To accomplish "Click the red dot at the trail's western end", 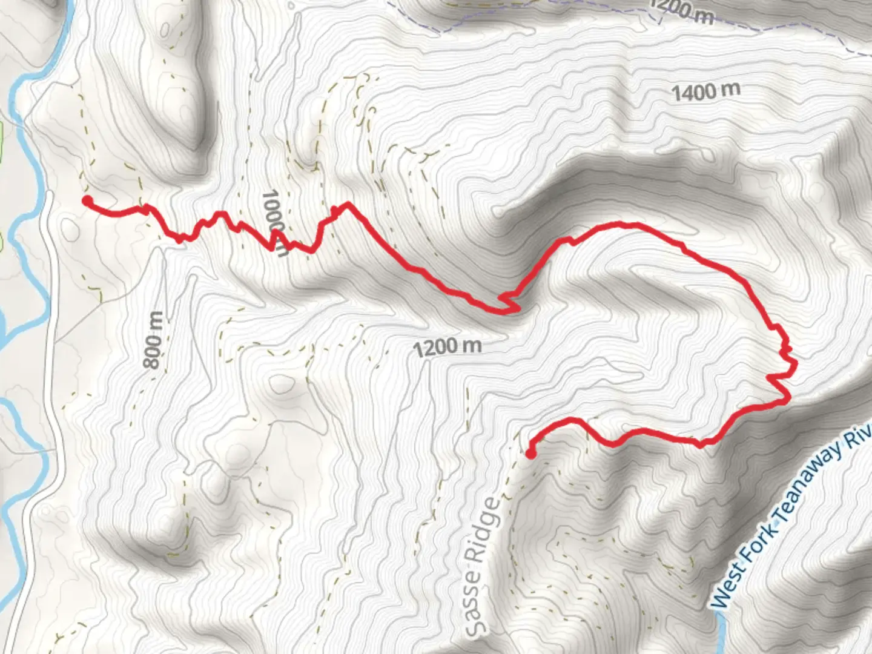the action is coord(87,201).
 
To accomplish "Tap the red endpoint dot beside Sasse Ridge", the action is coord(530,454).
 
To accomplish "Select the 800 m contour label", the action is coord(154,340).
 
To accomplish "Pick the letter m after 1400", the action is coord(731,90).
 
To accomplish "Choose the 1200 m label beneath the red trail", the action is coord(448,347).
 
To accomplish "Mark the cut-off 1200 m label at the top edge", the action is coord(681,12).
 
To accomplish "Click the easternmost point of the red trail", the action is coord(794,363).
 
